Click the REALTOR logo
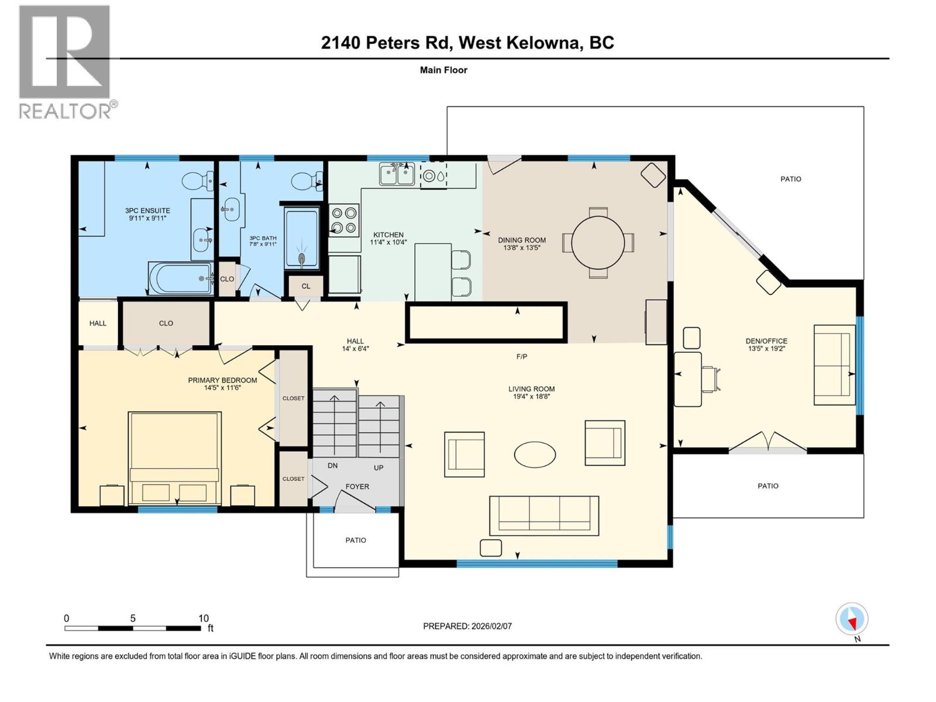pos(65,61)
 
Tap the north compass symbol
pos(852,619)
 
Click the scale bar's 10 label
pos(203,618)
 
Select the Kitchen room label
pos(388,235)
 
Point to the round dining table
pos(598,242)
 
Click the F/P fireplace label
pos(522,356)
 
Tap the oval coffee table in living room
pos(535,454)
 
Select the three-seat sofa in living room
pos(544,515)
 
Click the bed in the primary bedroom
pos(175,458)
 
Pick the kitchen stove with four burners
pos(344,220)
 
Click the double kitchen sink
pos(397,174)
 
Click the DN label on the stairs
pos(332,466)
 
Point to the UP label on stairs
pos(378,468)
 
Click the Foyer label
pos(357,486)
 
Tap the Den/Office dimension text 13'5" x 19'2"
pos(766,349)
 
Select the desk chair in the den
pos(711,378)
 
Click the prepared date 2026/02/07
pos(490,626)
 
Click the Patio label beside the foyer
pos(356,540)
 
